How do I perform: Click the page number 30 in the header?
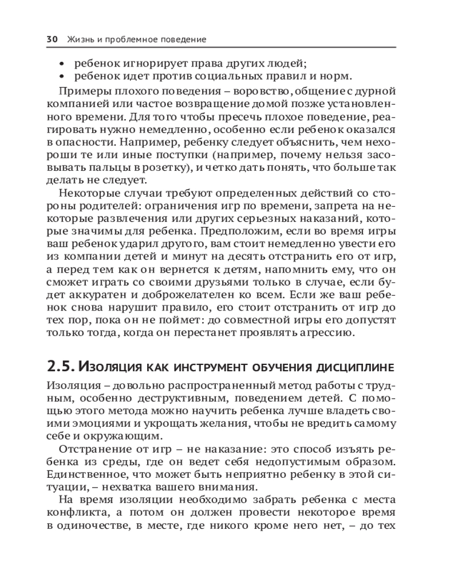click(51, 40)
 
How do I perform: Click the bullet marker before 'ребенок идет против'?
click(62, 77)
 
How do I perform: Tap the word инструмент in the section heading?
click(216, 366)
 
